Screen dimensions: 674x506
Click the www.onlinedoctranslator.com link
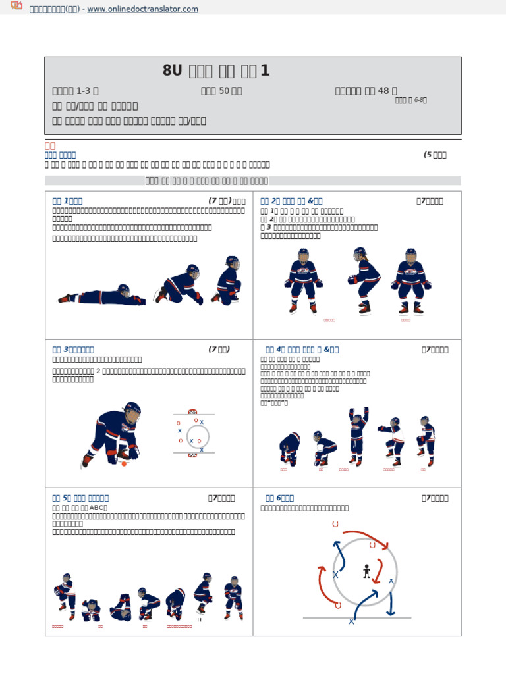142,9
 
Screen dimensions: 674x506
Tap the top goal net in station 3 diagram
192,411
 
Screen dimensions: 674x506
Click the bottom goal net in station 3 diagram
192,454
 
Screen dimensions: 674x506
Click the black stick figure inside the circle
366,571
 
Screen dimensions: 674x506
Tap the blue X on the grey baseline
351,621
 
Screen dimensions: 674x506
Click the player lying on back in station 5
120,607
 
